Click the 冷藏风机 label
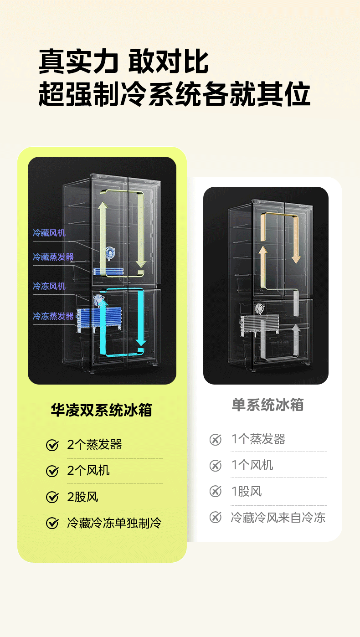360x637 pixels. [49, 233]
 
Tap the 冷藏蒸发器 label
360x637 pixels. [53, 257]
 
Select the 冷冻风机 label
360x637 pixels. [49, 286]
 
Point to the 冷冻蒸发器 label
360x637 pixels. [53, 316]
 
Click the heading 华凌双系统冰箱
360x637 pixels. [101, 410]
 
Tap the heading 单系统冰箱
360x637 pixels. [267, 405]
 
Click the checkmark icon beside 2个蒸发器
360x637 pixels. [52, 445]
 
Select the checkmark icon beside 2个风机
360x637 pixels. [52, 471]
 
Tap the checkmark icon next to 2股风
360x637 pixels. [52, 497]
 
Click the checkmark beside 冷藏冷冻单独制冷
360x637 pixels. [52, 523]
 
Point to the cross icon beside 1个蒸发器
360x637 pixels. [215, 440]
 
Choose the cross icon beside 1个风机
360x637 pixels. [215, 466]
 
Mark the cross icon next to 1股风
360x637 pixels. [215, 492]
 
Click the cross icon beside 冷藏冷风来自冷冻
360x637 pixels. [215, 518]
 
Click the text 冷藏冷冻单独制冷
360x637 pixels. [114, 523]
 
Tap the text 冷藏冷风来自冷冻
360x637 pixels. [278, 518]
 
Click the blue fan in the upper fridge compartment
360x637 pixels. [109, 252]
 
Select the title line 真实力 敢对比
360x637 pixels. [123, 62]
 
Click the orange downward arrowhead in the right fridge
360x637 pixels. [296, 258]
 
